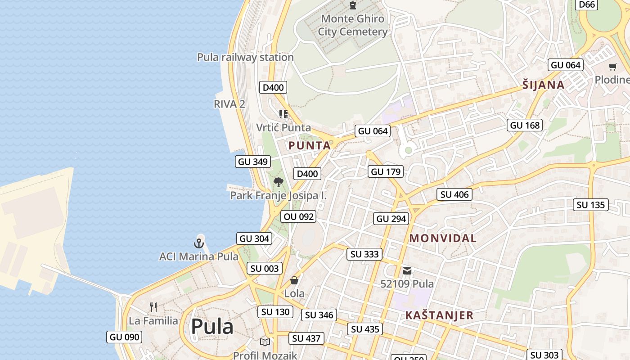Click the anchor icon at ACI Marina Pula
pos(199,243)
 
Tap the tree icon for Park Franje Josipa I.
pos(279,182)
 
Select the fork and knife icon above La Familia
pos(154,307)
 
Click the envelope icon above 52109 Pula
pos(407,270)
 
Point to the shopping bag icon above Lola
pos(294,280)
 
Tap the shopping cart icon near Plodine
pos(612,67)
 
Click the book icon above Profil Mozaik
pos(265,342)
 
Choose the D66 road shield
pos(587,4)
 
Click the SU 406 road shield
pos(454,194)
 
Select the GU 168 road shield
pos(525,125)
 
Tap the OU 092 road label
pos(299,216)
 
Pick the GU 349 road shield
pos(253,162)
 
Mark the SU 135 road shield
pos(591,205)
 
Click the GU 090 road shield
pos(124,337)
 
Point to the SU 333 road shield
pos(364,254)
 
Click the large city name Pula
pos(212,326)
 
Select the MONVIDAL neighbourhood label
pos(442,238)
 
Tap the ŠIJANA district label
pos(543,85)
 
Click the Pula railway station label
pos(245,57)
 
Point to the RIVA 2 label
pos(229,104)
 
